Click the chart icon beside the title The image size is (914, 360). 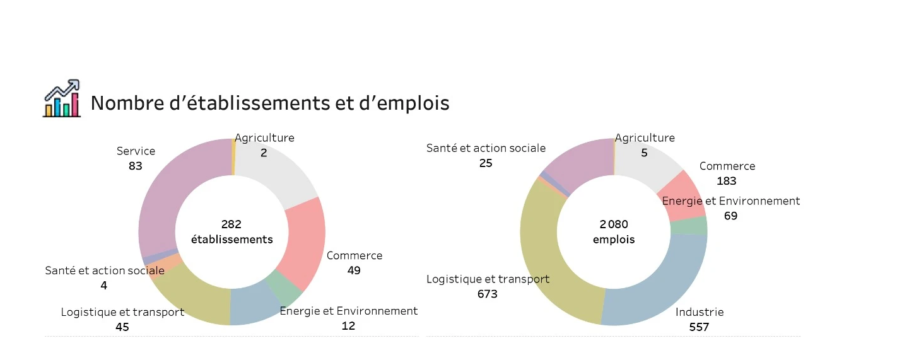tap(62, 98)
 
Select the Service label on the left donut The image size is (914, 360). tap(136, 151)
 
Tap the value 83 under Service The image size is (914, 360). tap(136, 166)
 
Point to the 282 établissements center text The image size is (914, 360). tap(231, 231)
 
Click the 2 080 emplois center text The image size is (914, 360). tap(614, 231)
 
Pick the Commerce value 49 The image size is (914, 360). tap(354, 270)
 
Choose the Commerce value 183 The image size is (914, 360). tap(727, 181)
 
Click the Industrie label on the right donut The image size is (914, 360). tap(700, 312)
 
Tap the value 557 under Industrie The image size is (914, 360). tap(699, 327)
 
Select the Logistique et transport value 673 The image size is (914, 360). tap(487, 294)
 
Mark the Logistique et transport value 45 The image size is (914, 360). tap(122, 327)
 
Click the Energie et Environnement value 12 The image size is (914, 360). tap(348, 326)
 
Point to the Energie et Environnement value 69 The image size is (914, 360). tap(731, 216)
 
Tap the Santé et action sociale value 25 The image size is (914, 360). tap(486, 163)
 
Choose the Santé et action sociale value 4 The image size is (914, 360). tap(103, 286)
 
